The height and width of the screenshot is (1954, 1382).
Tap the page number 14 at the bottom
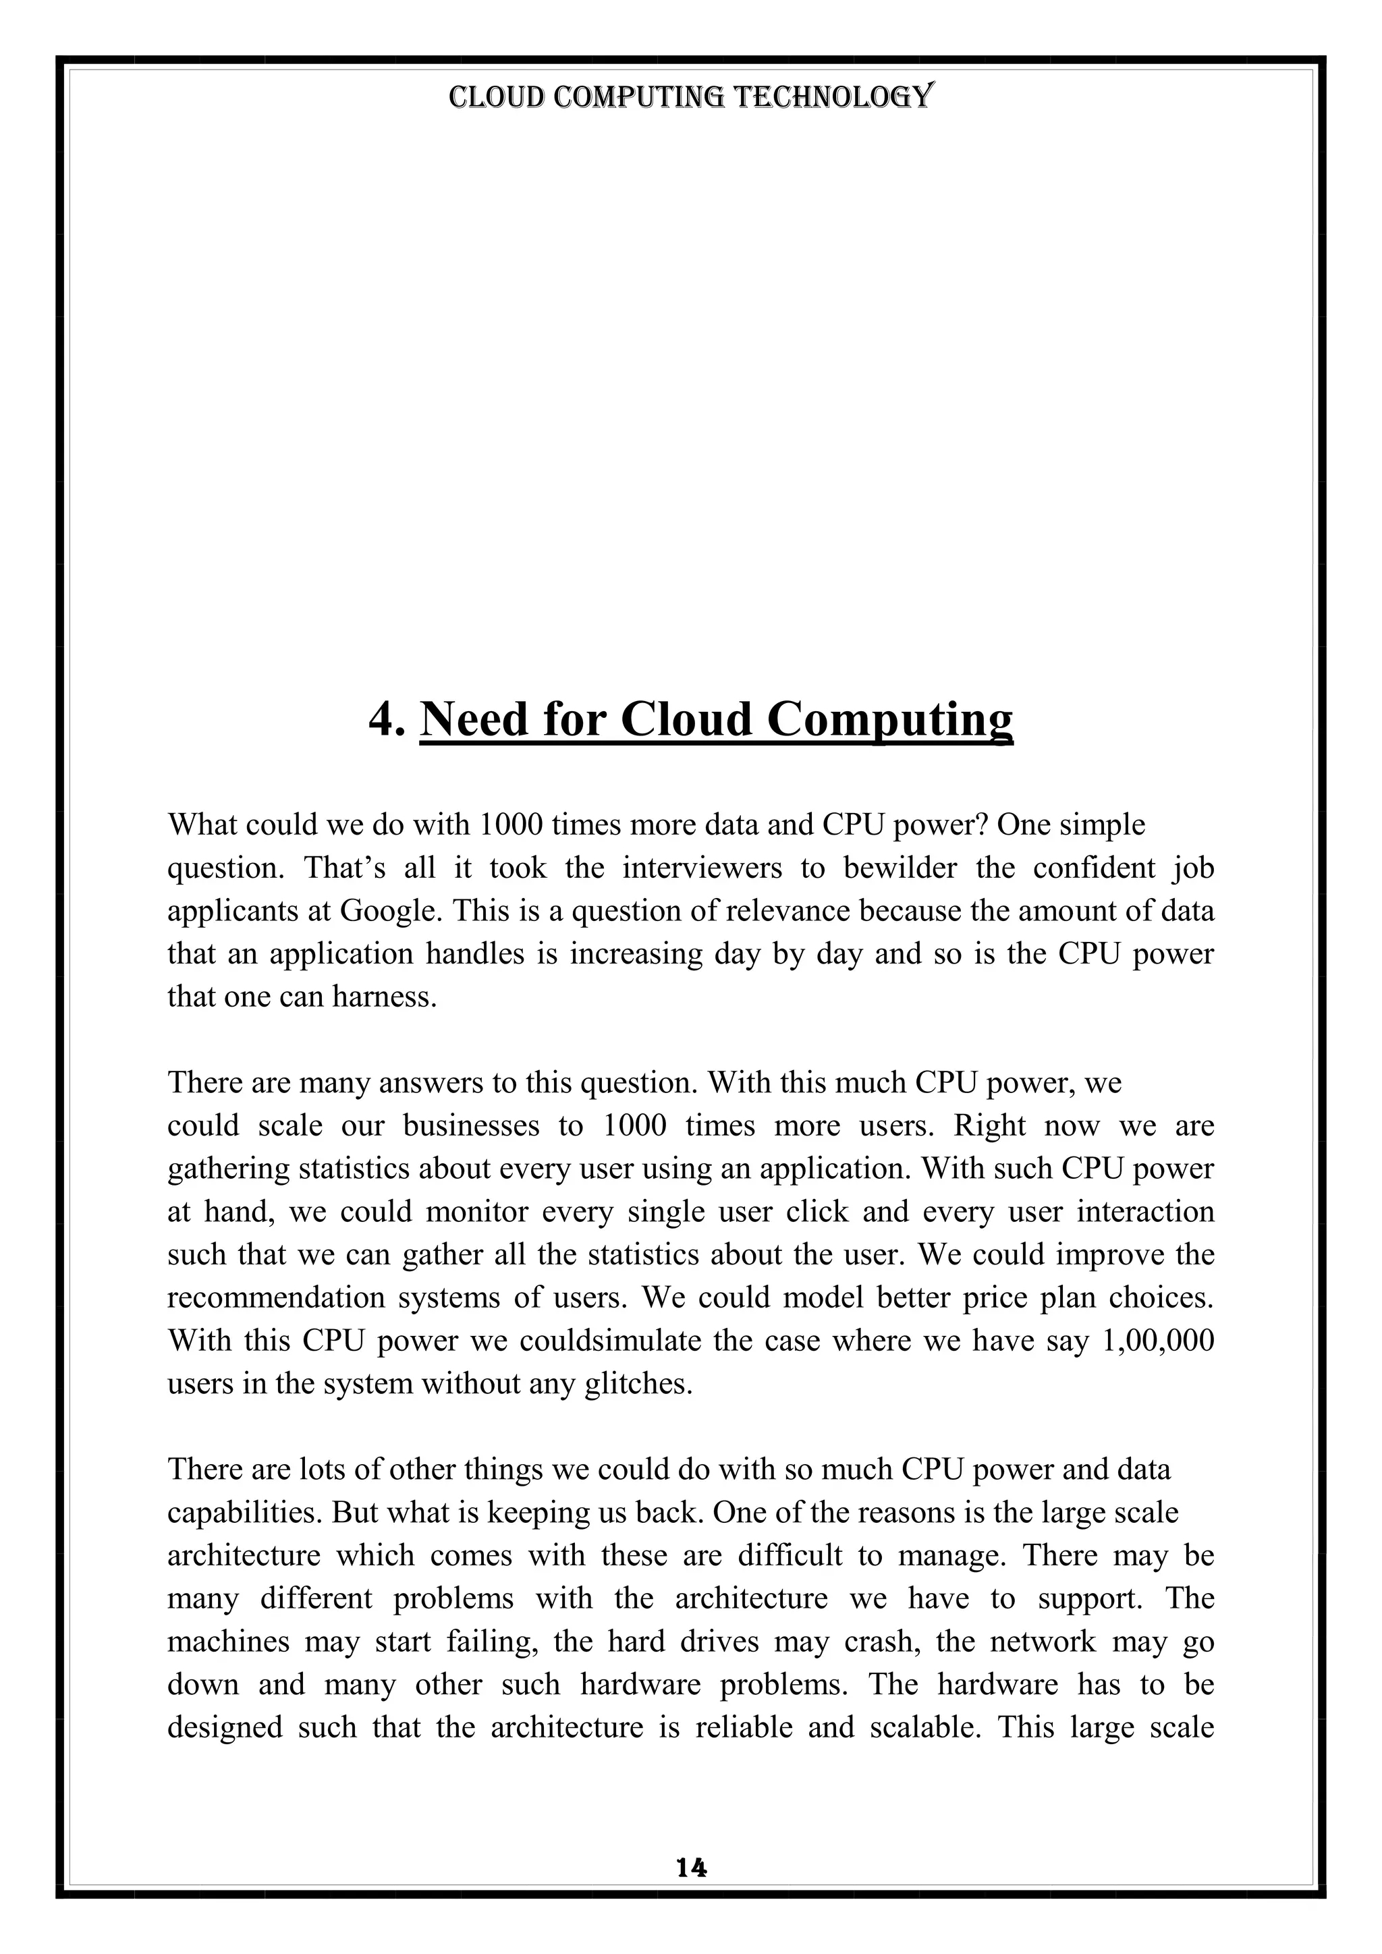[x=691, y=1868]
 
